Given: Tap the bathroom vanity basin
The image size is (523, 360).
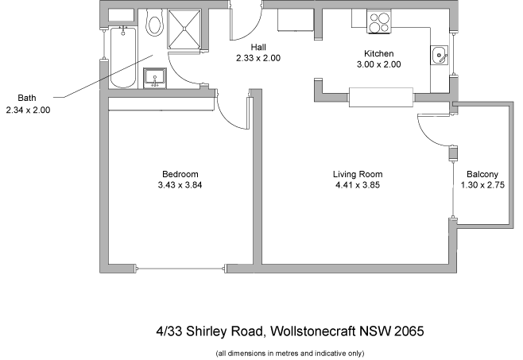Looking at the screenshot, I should [x=154, y=77].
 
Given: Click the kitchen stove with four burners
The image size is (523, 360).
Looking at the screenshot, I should [x=378, y=22].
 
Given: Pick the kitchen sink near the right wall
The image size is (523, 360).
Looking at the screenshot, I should [x=438, y=56].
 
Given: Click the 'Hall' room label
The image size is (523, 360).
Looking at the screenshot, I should [x=258, y=47].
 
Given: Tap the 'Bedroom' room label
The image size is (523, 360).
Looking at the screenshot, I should [x=180, y=174].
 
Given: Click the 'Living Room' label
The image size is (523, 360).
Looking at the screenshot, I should [x=358, y=174].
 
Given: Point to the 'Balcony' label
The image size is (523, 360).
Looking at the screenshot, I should [x=482, y=175].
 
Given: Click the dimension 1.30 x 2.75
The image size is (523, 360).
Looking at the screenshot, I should [x=482, y=185].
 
